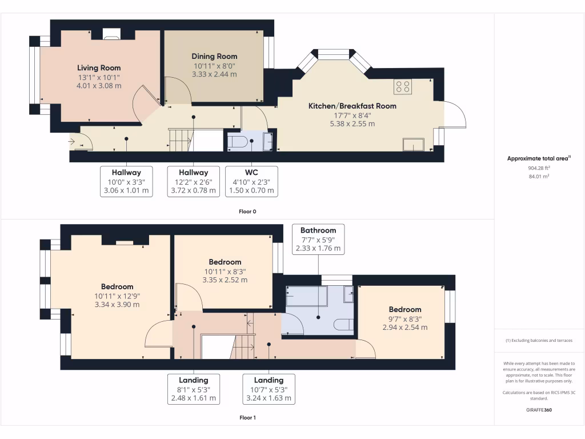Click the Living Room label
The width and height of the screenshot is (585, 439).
tap(99, 67)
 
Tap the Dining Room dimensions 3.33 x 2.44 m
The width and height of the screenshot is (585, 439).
tap(214, 74)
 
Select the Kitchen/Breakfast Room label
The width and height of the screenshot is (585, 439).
tap(352, 106)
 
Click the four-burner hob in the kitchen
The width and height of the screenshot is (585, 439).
tap(403, 86)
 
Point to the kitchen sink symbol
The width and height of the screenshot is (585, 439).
tap(413, 145)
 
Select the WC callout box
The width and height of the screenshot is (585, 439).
tap(252, 182)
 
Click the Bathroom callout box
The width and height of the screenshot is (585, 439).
tap(318, 240)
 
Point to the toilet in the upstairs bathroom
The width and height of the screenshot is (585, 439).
tap(344, 325)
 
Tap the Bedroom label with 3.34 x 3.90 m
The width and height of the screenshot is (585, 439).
tap(117, 286)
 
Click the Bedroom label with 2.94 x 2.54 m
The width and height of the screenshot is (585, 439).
tap(406, 309)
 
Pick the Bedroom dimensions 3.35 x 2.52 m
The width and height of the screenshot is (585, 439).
tap(225, 280)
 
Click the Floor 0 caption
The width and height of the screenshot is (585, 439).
tap(247, 211)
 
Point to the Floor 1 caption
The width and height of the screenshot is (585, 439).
tap(247, 417)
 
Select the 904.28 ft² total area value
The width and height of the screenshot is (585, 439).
tap(539, 168)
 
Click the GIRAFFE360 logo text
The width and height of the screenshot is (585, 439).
tap(539, 410)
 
